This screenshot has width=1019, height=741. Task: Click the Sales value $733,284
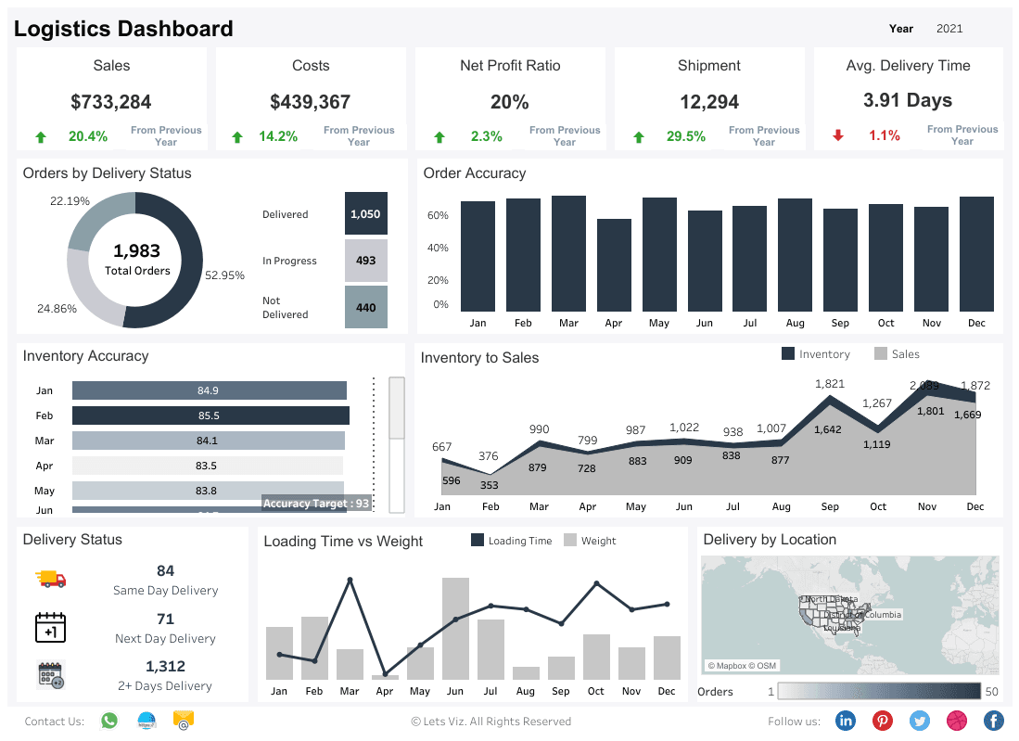click(x=111, y=102)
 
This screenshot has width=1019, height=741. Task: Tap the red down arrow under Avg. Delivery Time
click(x=838, y=135)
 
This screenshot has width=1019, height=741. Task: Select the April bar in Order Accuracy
click(x=614, y=265)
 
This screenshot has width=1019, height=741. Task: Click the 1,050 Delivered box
click(x=365, y=213)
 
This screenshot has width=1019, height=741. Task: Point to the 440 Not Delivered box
click(x=365, y=307)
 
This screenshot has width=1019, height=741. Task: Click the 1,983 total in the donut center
click(x=137, y=250)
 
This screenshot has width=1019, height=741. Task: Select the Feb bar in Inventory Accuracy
click(x=210, y=415)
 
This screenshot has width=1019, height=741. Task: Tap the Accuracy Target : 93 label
click(x=316, y=504)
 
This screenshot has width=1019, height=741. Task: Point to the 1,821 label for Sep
click(x=830, y=384)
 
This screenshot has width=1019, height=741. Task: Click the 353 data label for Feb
click(x=490, y=485)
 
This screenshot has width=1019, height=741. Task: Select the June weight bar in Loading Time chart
click(x=455, y=629)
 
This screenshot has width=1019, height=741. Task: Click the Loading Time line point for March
click(x=350, y=581)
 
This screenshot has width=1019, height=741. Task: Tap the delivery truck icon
click(x=51, y=579)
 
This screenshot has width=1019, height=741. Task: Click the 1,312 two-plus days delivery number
click(x=165, y=666)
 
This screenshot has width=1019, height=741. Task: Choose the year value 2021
click(x=949, y=29)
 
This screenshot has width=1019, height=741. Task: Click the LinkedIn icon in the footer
click(x=846, y=721)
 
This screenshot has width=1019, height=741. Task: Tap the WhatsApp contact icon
click(x=109, y=721)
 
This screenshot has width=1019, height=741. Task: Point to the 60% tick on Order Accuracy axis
click(x=438, y=215)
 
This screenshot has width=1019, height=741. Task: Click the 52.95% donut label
click(x=224, y=275)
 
